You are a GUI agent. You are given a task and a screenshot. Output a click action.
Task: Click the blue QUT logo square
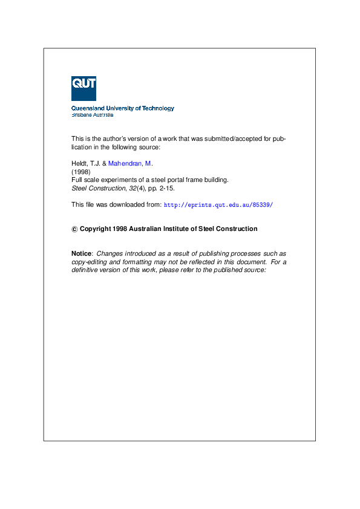83,88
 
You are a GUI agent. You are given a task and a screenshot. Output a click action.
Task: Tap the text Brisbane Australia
92,115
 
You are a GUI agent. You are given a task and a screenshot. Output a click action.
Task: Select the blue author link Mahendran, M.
131,164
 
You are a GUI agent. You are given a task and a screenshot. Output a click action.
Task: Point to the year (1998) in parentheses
80,172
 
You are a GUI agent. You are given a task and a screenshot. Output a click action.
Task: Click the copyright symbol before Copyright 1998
74,229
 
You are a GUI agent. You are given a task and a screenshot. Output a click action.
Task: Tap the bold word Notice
82,253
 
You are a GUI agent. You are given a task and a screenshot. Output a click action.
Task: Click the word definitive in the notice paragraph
86,270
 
